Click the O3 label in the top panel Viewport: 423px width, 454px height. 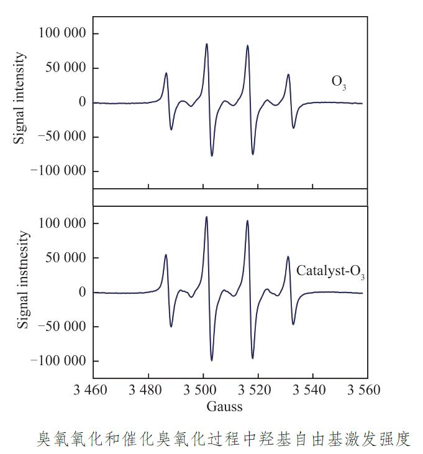click(339, 83)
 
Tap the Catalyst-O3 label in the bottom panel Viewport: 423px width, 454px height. click(330, 271)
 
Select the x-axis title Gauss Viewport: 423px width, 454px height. click(225, 407)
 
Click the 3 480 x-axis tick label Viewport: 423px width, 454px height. click(148, 391)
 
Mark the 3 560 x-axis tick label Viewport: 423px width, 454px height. click(363, 391)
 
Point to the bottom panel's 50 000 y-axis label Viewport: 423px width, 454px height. click(66, 258)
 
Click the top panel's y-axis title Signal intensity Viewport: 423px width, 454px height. click(20, 98)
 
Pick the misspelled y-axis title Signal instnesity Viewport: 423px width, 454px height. click(22, 279)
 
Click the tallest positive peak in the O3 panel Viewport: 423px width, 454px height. click(207, 44)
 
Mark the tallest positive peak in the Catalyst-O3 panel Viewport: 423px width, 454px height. click(206, 217)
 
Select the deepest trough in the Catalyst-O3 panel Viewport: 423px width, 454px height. click(212, 360)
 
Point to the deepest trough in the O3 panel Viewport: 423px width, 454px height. click(212, 155)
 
